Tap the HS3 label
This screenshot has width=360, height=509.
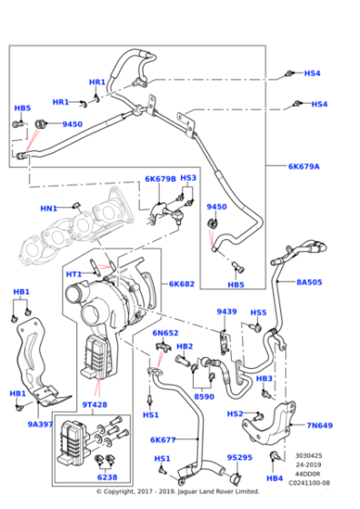coord(188,178)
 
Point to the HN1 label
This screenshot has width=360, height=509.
coord(49,208)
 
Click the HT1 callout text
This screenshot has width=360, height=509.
coord(74,273)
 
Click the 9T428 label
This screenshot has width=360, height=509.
coord(95,405)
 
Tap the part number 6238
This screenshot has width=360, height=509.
coord(107,476)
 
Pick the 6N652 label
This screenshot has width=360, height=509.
coord(164,333)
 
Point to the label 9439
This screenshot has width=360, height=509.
coord(226,312)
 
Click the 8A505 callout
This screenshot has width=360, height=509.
coord(311,283)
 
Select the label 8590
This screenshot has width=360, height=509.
coord(204,396)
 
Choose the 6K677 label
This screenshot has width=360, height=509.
coord(164,439)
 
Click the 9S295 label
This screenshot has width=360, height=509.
coord(239,457)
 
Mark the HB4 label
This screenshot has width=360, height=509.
coord(274,476)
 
